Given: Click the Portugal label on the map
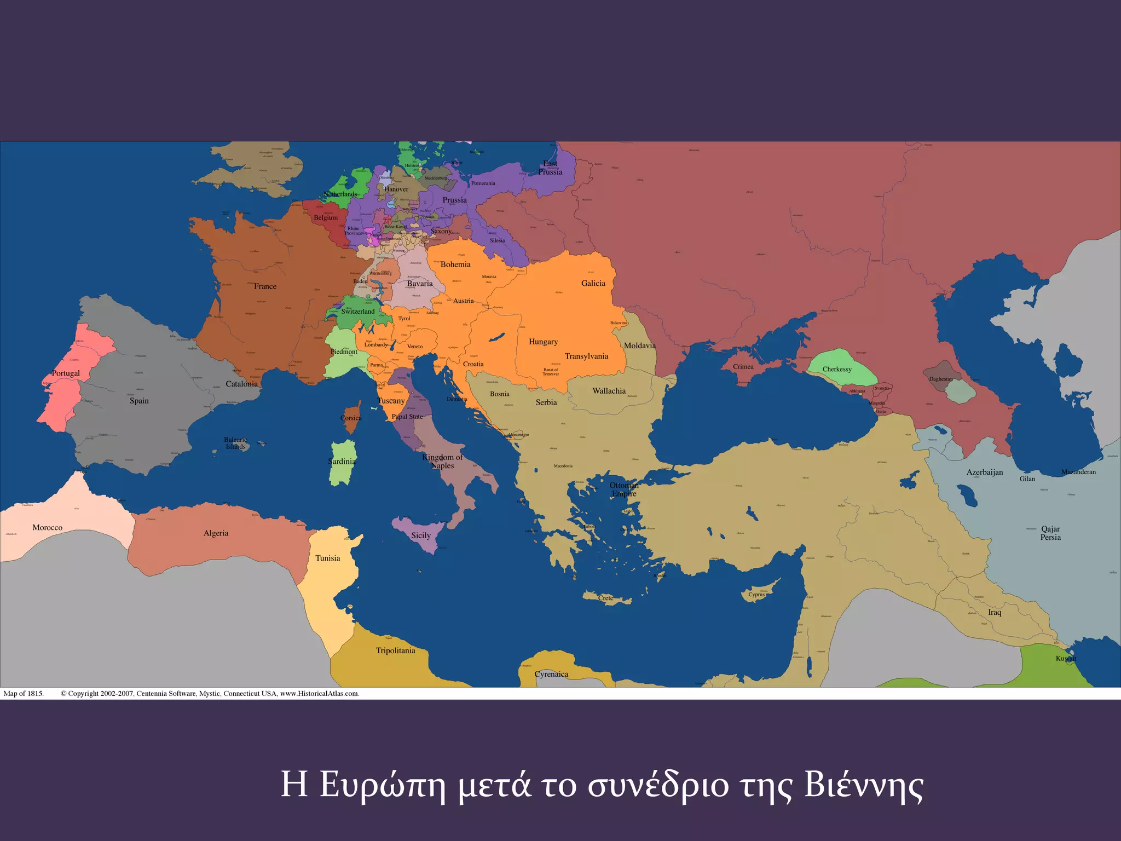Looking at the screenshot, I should pos(66,373).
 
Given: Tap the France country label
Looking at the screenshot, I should pos(265,286).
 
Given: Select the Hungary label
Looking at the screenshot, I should pos(543,342).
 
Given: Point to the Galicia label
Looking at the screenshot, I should pos(593,283).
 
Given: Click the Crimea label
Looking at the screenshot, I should pos(743,367).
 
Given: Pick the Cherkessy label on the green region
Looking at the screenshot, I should pos(837,369).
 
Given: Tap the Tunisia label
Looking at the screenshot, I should pos(327,558).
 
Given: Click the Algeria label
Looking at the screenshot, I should pos(216,533).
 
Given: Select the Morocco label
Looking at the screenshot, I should pos(47,528).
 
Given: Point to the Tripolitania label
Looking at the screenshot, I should pos(395,650).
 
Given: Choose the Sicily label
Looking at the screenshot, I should pos(420,535).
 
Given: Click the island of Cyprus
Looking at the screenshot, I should pos(758,593).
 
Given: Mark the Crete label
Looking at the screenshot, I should pos(605,598).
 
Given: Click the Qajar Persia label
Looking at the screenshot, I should pos(1050,533).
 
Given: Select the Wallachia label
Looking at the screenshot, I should pos(609,391).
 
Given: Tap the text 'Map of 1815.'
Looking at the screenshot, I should pos(24,694).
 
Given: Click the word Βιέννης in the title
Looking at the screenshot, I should pos(863,785).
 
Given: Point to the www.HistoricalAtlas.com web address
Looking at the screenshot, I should pos(319,694).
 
